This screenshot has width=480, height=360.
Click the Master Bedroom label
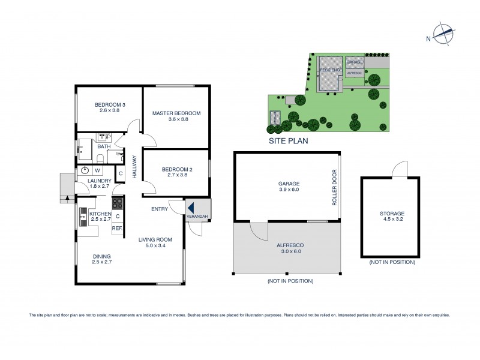point(176,113)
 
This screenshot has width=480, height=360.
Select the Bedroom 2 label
point(177,170)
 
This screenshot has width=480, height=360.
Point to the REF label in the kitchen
point(117,229)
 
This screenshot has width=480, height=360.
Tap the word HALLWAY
point(135,166)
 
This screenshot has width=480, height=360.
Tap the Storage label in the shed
point(392,214)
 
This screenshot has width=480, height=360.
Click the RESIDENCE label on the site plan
point(330,70)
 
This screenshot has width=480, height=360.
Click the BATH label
point(104,146)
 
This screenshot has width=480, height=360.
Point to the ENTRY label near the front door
point(159,209)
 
